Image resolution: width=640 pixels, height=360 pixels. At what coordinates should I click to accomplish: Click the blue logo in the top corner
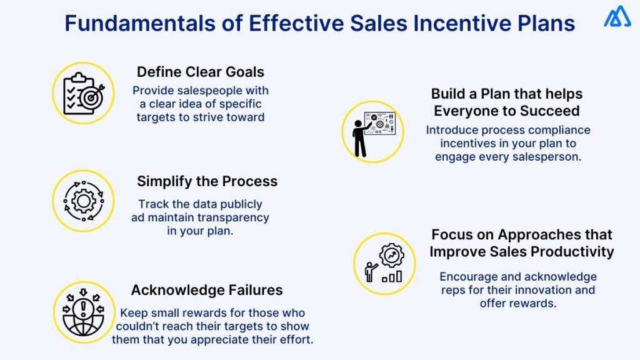click(617, 17)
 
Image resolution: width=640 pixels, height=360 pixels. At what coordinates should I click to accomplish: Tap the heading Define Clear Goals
click(201, 71)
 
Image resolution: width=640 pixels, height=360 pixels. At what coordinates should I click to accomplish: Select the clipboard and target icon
click(84, 93)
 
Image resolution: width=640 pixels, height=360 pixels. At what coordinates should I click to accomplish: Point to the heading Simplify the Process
click(207, 181)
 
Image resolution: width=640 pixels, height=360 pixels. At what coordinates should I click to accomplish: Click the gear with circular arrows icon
click(83, 201)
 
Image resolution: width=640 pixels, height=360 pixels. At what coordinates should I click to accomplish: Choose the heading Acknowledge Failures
click(207, 290)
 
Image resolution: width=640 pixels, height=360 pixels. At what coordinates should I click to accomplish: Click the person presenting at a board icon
click(373, 132)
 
